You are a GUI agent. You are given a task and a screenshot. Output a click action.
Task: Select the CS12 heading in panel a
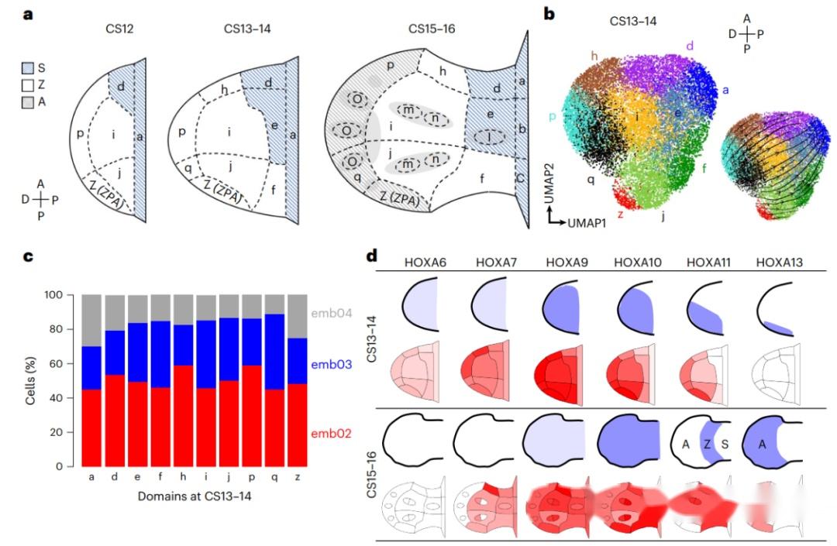pyautogui.click(x=121, y=29)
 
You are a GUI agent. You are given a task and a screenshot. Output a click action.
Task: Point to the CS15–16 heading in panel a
pyautogui.click(x=432, y=29)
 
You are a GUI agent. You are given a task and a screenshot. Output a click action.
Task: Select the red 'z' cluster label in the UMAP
pyautogui.click(x=620, y=213)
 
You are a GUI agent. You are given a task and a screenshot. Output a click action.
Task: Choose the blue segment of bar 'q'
pyautogui.click(x=274, y=352)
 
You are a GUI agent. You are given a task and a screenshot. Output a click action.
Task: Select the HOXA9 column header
pyautogui.click(x=568, y=263)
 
